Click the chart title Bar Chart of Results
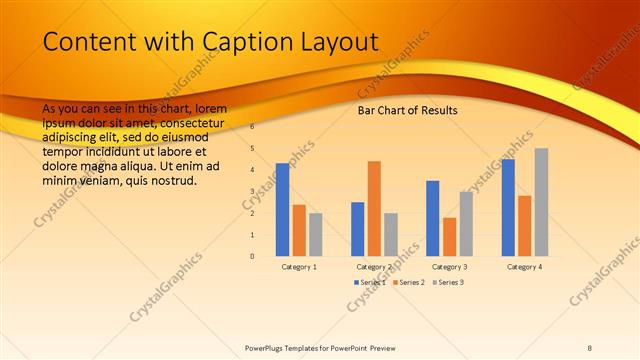tap(407, 110)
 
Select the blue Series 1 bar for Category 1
tap(282, 209)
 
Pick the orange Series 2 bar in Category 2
tap(374, 208)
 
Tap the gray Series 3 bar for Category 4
tap(541, 202)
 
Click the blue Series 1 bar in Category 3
tap(432, 218)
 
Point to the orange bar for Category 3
tap(449, 236)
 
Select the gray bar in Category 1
tap(315, 234)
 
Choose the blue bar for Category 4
tap(508, 207)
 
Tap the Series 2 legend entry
tap(409, 283)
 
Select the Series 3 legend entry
tap(447, 283)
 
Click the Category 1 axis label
tap(299, 267)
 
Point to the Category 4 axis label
tap(524, 267)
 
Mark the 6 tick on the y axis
tap(252, 127)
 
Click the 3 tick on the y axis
tap(252, 192)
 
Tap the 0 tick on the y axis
tap(252, 256)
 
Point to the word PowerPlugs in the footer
tap(268, 347)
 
